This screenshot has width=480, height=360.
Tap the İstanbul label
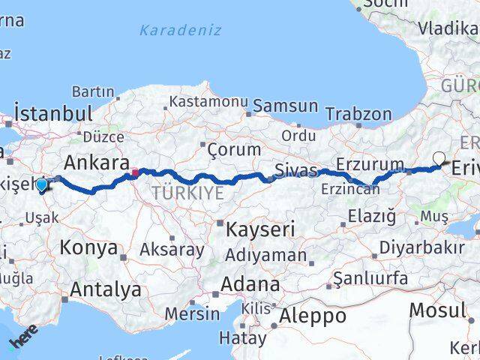(x=53, y=115)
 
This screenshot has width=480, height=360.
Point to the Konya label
(x=88, y=247)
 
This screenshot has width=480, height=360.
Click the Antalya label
(x=106, y=289)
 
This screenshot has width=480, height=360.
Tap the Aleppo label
(x=312, y=316)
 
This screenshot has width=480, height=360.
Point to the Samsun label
(x=285, y=106)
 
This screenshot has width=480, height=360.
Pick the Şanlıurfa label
(x=370, y=279)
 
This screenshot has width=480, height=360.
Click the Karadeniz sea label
(x=181, y=31)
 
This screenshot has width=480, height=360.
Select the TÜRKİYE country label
(x=187, y=193)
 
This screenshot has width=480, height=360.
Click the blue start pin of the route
(x=42, y=184)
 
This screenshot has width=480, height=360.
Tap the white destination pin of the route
(x=439, y=158)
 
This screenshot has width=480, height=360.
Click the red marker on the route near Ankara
(x=135, y=172)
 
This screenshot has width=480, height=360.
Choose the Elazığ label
(x=370, y=217)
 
